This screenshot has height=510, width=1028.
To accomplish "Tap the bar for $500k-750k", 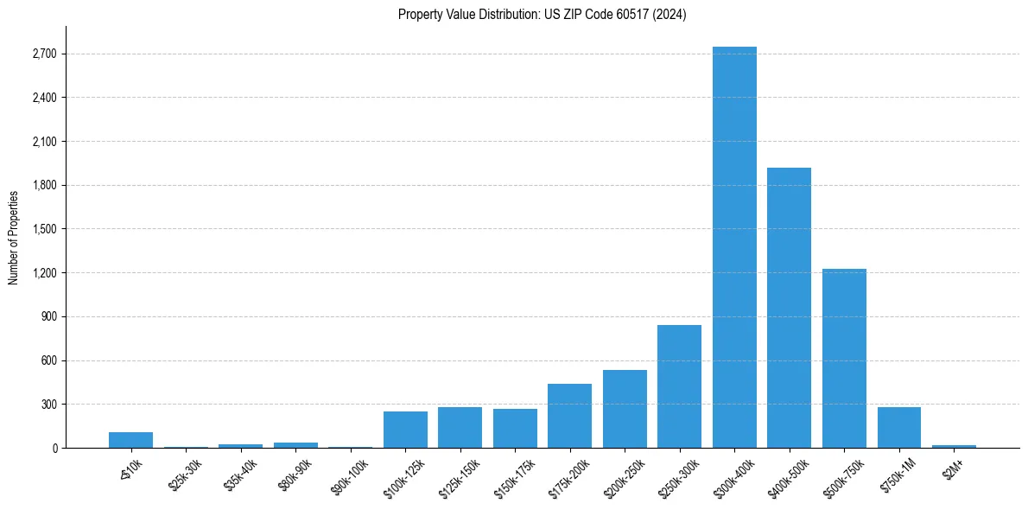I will click(844, 358).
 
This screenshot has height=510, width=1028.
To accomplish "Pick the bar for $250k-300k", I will click(679, 386).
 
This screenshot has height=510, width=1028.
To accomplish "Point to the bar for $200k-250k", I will click(625, 409).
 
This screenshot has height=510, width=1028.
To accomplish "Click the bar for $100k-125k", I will click(405, 430).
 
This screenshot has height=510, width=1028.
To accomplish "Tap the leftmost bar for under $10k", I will click(130, 440).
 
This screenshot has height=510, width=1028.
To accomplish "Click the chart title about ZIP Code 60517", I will click(543, 15).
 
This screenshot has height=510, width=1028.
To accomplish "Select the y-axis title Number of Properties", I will click(14, 237).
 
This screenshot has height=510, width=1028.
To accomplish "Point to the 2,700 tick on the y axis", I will click(44, 54).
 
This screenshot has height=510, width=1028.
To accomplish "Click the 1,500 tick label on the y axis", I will click(44, 229).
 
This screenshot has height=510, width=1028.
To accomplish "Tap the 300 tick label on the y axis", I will click(48, 405).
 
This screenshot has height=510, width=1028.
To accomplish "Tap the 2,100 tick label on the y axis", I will click(44, 142).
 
